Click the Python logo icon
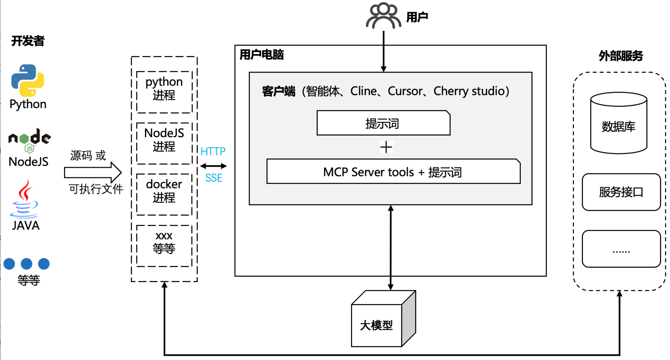click(x=28, y=80)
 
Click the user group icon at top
click(x=383, y=16)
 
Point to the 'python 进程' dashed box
click(x=164, y=92)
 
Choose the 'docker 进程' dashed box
click(x=164, y=195)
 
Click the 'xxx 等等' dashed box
click(x=164, y=246)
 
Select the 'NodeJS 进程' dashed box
click(x=164, y=143)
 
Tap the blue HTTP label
click(x=213, y=151)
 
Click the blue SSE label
click(x=214, y=178)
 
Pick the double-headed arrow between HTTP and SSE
click(x=213, y=166)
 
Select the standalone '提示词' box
click(x=383, y=123)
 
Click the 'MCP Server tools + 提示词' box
click(x=393, y=172)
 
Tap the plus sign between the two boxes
click(x=386, y=147)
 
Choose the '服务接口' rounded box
click(x=621, y=192)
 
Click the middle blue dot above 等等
click(x=27, y=264)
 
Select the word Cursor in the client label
click(x=405, y=91)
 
